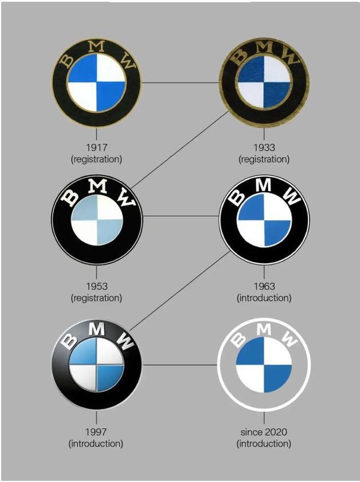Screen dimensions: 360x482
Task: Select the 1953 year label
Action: [96, 286]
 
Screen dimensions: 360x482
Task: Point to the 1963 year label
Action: [264, 286]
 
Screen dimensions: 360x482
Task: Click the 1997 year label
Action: [96, 432]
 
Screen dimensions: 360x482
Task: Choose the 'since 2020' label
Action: [264, 432]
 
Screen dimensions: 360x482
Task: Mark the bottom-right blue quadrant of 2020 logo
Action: [277, 378]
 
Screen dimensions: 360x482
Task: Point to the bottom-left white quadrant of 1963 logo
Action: [251, 234]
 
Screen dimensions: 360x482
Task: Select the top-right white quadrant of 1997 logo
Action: [109, 353]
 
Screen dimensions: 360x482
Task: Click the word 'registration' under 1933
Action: [264, 159]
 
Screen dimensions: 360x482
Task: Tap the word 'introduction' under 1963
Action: [264, 298]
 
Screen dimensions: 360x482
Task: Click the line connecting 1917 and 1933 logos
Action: [181, 83]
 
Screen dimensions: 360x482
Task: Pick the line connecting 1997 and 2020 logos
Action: [181, 364]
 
